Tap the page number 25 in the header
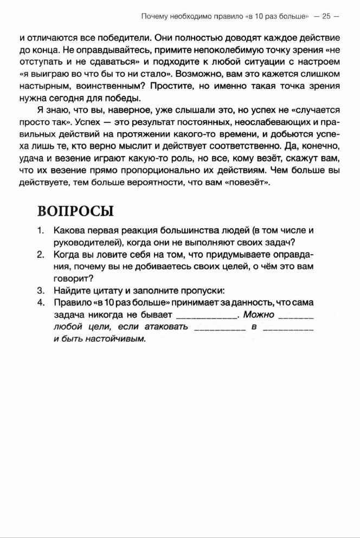pyautogui.click(x=326, y=16)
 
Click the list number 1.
pyautogui.click(x=41, y=230)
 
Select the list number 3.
pyautogui.click(x=41, y=290)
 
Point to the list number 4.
pyautogui.click(x=41, y=302)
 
